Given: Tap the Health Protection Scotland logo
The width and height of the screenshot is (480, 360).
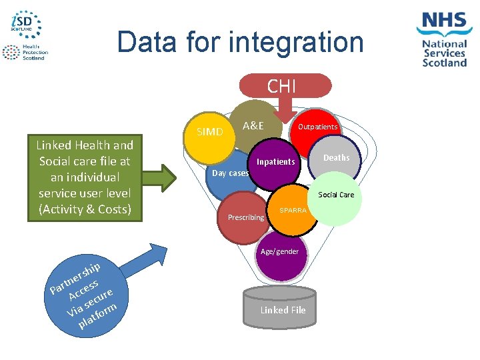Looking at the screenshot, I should click(x=25, y=53).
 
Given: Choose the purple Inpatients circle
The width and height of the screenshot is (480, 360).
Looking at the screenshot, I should click(x=275, y=163).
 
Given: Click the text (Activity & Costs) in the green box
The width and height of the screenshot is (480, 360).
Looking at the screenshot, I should click(x=85, y=210).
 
